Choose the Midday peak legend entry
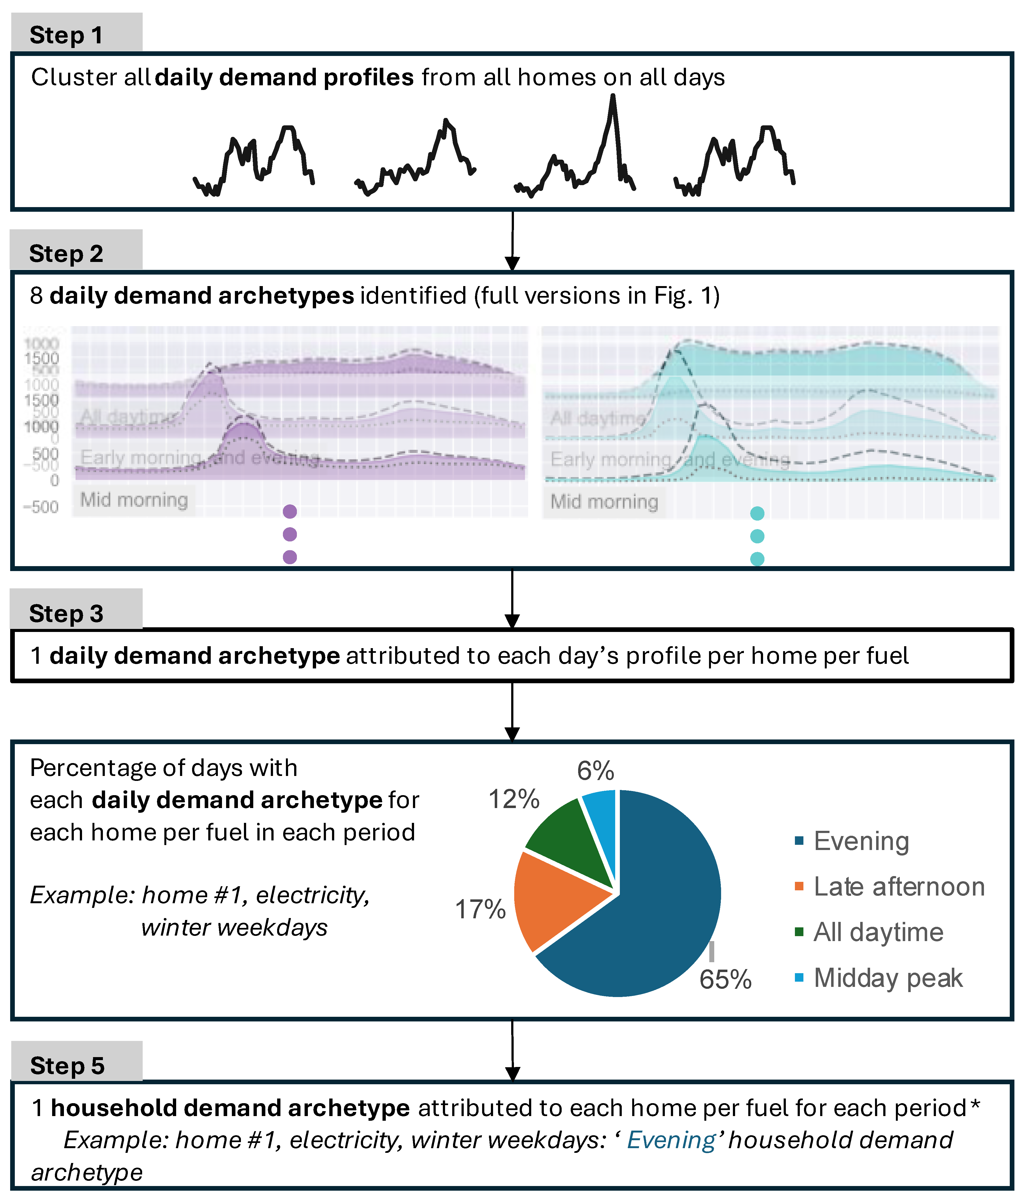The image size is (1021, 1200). point(887,978)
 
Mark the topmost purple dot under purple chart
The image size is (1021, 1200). point(290,512)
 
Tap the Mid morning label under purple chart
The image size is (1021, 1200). point(134,499)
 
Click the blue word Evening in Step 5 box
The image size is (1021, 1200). point(671,1140)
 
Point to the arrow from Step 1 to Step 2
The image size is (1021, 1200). point(512,240)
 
